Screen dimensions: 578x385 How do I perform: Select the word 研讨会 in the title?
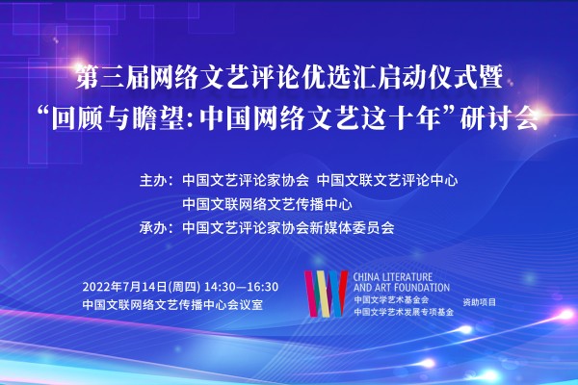click(x=499, y=118)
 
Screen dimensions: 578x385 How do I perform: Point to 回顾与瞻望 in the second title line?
click(x=118, y=118)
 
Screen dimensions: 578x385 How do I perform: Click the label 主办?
click(x=156, y=181)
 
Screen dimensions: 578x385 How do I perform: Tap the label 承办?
click(x=156, y=228)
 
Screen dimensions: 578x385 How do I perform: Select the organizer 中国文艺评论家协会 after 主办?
click(x=246, y=181)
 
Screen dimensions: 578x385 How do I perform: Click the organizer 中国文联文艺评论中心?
click(x=387, y=181)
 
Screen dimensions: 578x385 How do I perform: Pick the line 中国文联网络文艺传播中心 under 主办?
click(x=267, y=204)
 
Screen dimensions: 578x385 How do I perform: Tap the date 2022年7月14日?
click(x=124, y=287)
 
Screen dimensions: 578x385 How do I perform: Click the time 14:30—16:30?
click(x=241, y=287)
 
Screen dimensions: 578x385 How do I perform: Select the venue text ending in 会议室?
click(x=172, y=305)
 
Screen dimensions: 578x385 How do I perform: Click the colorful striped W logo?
click(x=326, y=294)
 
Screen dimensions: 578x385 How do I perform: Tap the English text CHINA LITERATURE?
click(x=393, y=276)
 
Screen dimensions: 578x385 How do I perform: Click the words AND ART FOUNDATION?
click(x=402, y=288)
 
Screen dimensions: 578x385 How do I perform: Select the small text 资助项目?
click(x=479, y=302)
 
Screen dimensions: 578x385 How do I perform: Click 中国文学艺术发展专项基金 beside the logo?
click(x=404, y=312)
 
